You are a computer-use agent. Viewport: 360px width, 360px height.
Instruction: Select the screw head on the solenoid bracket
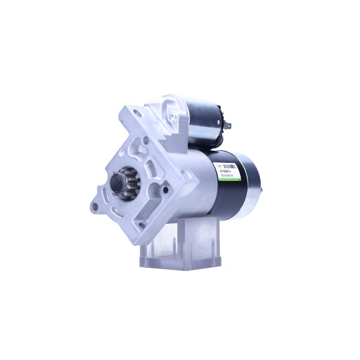172,118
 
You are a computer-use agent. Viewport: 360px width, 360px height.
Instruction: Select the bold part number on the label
228,170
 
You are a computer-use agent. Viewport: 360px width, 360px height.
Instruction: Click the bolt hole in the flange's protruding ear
95,207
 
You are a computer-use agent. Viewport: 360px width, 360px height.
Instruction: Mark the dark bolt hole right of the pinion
166,191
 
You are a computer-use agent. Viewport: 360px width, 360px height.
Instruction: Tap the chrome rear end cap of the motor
255,184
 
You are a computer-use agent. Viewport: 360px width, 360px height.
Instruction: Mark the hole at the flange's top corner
138,114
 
